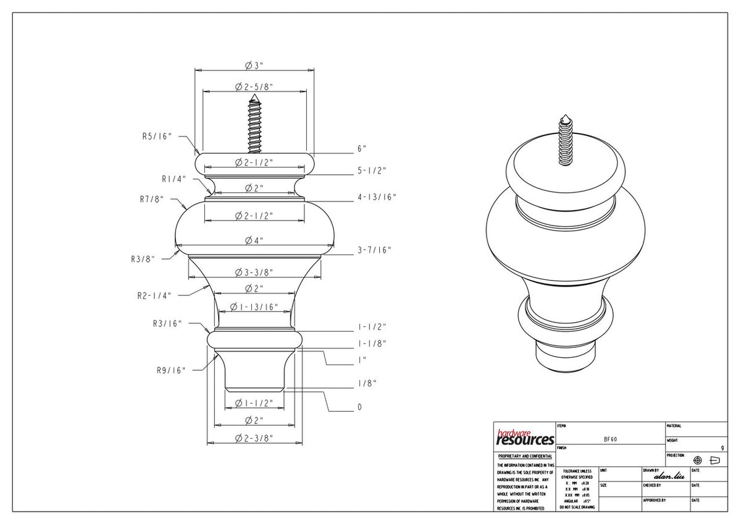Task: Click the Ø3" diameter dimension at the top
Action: pos(254,65)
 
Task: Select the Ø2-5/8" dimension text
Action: pos(254,87)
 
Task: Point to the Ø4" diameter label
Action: pos(254,240)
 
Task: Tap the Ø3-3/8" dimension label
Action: pos(254,273)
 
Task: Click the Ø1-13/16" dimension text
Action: pos(254,307)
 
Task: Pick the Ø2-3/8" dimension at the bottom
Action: pos(254,438)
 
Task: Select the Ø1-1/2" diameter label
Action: pos(254,403)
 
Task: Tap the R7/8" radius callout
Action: pos(154,199)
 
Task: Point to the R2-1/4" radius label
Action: pos(154,295)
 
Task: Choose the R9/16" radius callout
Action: pos(170,370)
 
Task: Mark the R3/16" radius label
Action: pos(167,323)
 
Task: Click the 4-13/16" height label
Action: pos(377,197)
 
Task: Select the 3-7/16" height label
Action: pos(374,250)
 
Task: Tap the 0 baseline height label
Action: pos(359,407)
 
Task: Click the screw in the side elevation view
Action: pos(254,124)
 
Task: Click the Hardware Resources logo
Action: pos(525,437)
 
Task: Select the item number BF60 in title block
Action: pos(610,439)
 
